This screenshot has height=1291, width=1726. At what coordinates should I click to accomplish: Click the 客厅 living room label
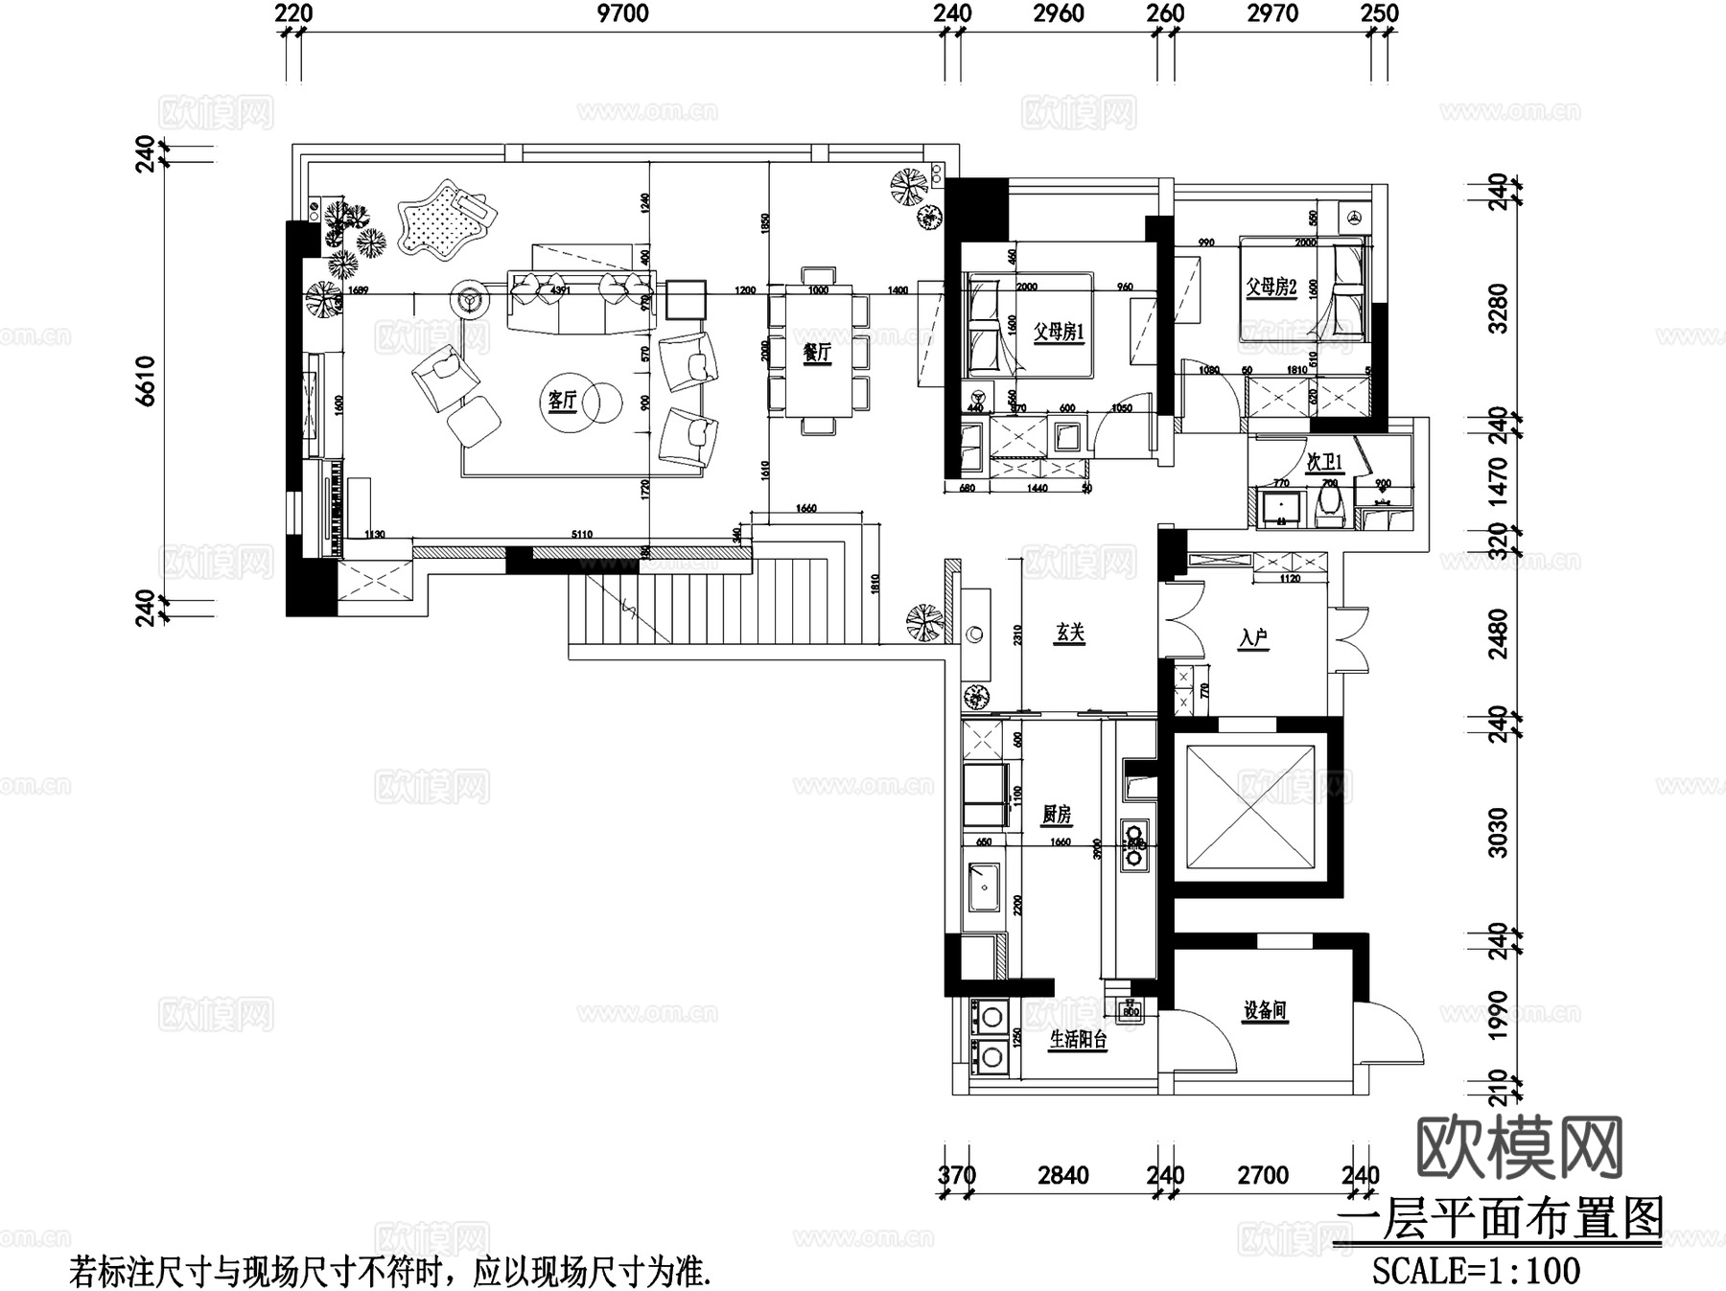tap(562, 400)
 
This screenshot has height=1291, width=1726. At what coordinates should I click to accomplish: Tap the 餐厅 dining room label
tap(816, 353)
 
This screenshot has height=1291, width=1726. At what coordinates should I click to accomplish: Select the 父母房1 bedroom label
tap(1058, 333)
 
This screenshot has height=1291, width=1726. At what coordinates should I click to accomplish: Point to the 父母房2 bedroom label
tap(1271, 287)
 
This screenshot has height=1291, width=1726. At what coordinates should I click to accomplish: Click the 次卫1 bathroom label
tap(1325, 463)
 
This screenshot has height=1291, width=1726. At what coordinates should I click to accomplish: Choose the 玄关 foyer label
tap(1070, 633)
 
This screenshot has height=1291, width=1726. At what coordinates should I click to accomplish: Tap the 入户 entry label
tap(1253, 637)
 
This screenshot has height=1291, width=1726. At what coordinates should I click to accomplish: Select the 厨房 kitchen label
tap(1056, 815)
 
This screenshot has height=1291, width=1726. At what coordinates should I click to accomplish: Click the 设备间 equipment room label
tap(1265, 1010)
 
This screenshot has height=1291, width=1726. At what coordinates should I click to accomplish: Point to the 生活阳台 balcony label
tap(1078, 1040)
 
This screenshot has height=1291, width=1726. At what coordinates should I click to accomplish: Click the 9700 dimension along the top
tap(622, 13)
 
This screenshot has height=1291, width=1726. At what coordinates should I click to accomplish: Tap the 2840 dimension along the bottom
tap(1062, 1175)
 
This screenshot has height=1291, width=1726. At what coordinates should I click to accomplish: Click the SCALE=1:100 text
tap(1476, 1271)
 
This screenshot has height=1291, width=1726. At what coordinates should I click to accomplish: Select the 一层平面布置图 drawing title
tap(1499, 1220)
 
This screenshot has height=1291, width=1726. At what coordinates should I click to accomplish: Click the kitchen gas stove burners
tap(1134, 843)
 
